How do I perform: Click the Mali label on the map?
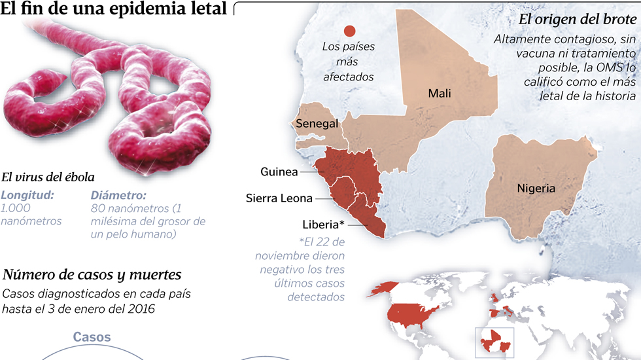[x=440, y=93]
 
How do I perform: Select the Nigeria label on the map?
[x=536, y=189]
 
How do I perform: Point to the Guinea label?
[x=279, y=172]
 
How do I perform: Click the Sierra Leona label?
[x=279, y=198]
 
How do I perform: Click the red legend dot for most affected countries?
[x=349, y=30]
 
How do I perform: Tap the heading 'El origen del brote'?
[x=577, y=19]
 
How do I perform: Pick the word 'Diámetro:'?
[x=118, y=195]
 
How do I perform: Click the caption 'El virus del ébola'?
[x=48, y=177]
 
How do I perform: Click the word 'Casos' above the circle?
[x=92, y=337]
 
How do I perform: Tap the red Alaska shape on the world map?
[x=385, y=288]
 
